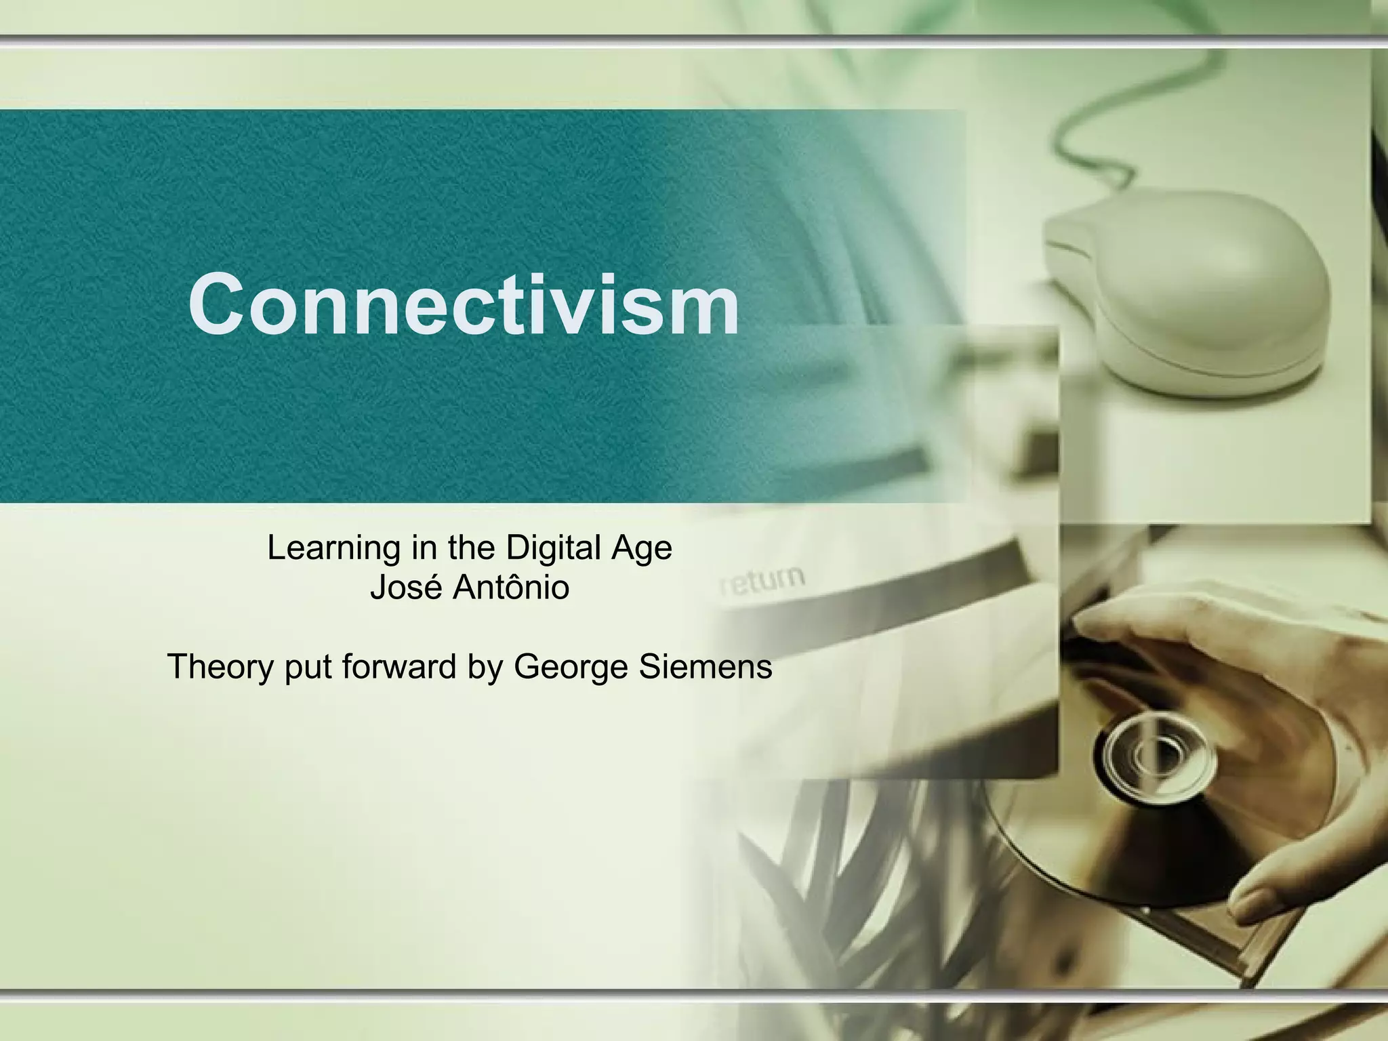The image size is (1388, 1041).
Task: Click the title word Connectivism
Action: tap(464, 304)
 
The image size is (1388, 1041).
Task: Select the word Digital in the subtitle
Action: tap(554, 548)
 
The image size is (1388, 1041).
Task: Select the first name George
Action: tap(571, 666)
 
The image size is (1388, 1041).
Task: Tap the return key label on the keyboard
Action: tap(762, 581)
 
